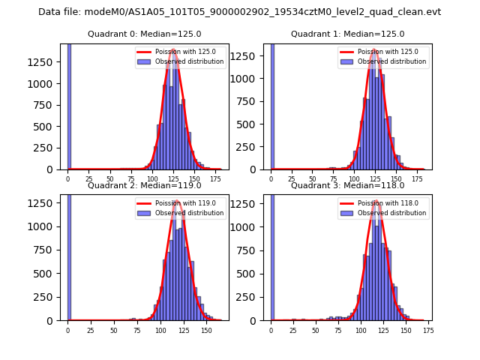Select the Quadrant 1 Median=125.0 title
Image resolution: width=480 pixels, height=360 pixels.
coord(347,34)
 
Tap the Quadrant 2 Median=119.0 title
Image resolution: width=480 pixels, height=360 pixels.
coord(144,185)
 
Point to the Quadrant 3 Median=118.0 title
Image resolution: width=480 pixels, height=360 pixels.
coord(347,185)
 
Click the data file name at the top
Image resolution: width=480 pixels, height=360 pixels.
coord(239,12)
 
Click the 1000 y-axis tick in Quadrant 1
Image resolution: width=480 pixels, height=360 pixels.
coord(250,78)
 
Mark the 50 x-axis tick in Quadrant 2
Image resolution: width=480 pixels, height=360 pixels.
coord(114,330)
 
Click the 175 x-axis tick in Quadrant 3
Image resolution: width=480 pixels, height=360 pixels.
coord(428,330)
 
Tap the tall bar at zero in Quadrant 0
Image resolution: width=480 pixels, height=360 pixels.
coord(69,105)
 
